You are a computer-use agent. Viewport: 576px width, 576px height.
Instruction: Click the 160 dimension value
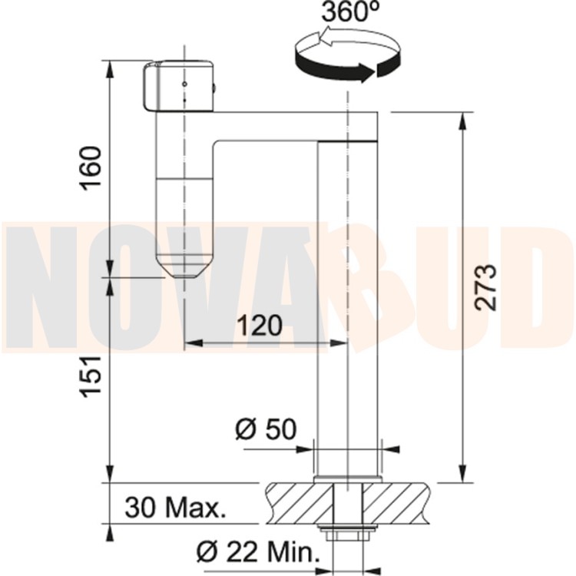(x=91, y=168)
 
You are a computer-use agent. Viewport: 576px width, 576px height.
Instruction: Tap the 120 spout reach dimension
(x=260, y=326)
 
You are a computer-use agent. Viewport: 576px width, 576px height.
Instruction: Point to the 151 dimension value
(x=91, y=376)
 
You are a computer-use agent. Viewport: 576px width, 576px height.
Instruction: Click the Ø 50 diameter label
(x=266, y=429)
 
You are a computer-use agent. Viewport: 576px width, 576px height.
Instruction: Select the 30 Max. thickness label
(x=175, y=508)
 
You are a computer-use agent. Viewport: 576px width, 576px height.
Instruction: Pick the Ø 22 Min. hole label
(x=258, y=551)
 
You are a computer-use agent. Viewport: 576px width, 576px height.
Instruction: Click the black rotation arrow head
(x=366, y=72)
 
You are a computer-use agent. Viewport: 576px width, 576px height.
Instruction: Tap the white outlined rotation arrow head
(x=326, y=38)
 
